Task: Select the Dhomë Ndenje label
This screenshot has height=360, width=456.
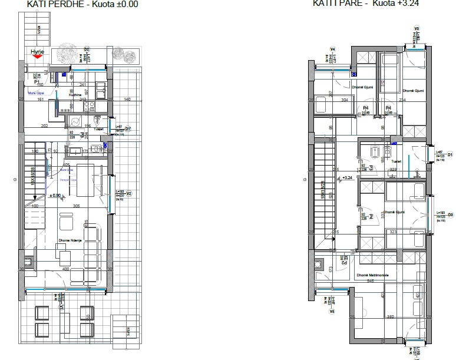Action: tap(70, 240)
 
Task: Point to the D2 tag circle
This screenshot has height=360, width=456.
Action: tap(87, 49)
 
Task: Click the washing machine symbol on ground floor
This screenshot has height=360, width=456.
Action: tap(76, 121)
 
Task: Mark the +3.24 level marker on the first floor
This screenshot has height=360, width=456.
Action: tap(346, 177)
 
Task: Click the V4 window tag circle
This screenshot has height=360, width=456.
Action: tap(332, 49)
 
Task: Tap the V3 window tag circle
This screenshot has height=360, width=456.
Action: tap(416, 28)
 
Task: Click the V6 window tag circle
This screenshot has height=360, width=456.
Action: tap(332, 312)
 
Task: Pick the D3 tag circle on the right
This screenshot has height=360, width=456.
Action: tap(450, 215)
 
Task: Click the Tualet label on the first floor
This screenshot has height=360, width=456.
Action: tap(396, 160)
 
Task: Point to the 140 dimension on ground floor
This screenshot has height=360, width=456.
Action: tap(127, 100)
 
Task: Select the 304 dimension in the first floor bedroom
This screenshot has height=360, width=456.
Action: tap(345, 100)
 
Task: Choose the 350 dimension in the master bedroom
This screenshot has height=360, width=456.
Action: tap(390, 317)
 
